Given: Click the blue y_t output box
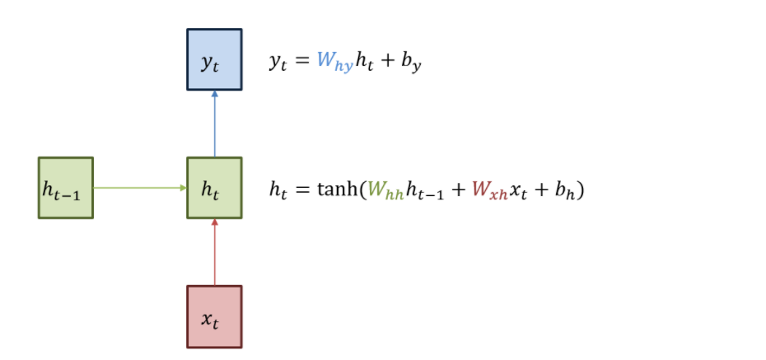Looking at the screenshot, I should pos(214,60).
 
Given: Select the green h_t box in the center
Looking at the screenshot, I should pos(214,188).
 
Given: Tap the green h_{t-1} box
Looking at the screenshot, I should pos(66,188).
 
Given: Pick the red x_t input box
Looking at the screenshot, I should pos(214,317).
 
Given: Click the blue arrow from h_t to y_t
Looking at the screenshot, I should pos(214,124).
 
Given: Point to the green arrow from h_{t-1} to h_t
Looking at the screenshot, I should pos(140,188).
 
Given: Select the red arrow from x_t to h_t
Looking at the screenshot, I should pos(214,252).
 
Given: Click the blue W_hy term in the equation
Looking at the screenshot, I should pos(334,63).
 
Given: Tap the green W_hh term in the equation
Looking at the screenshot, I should pos(385,190).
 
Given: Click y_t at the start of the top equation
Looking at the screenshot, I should pos(278,63).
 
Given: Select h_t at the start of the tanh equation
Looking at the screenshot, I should pos(278,190).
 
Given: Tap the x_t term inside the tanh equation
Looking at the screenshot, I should pos(520,190).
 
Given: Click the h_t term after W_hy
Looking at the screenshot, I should pos(366,63).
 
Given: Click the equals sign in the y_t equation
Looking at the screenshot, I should pos(301,62).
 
